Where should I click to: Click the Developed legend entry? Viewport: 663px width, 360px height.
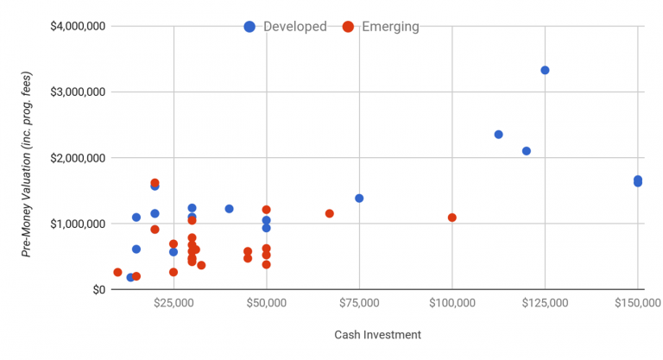(x=286, y=27)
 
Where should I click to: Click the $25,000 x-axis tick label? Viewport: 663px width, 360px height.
(x=174, y=303)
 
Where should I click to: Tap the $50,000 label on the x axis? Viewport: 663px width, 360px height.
(x=266, y=303)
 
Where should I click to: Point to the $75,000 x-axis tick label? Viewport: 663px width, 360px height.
(x=359, y=303)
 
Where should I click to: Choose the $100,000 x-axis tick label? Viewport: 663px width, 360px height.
(x=451, y=303)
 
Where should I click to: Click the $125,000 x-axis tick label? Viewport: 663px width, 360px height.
(x=545, y=303)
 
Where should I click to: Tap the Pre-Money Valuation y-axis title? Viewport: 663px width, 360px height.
(x=28, y=157)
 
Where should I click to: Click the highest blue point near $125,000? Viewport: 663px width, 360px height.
(x=545, y=70)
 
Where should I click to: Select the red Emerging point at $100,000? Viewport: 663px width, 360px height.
(x=451, y=218)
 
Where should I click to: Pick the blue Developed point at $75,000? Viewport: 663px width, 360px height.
(x=359, y=198)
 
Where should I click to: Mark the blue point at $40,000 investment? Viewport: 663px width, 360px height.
(x=229, y=209)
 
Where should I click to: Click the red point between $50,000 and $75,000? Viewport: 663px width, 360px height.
(x=329, y=213)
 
